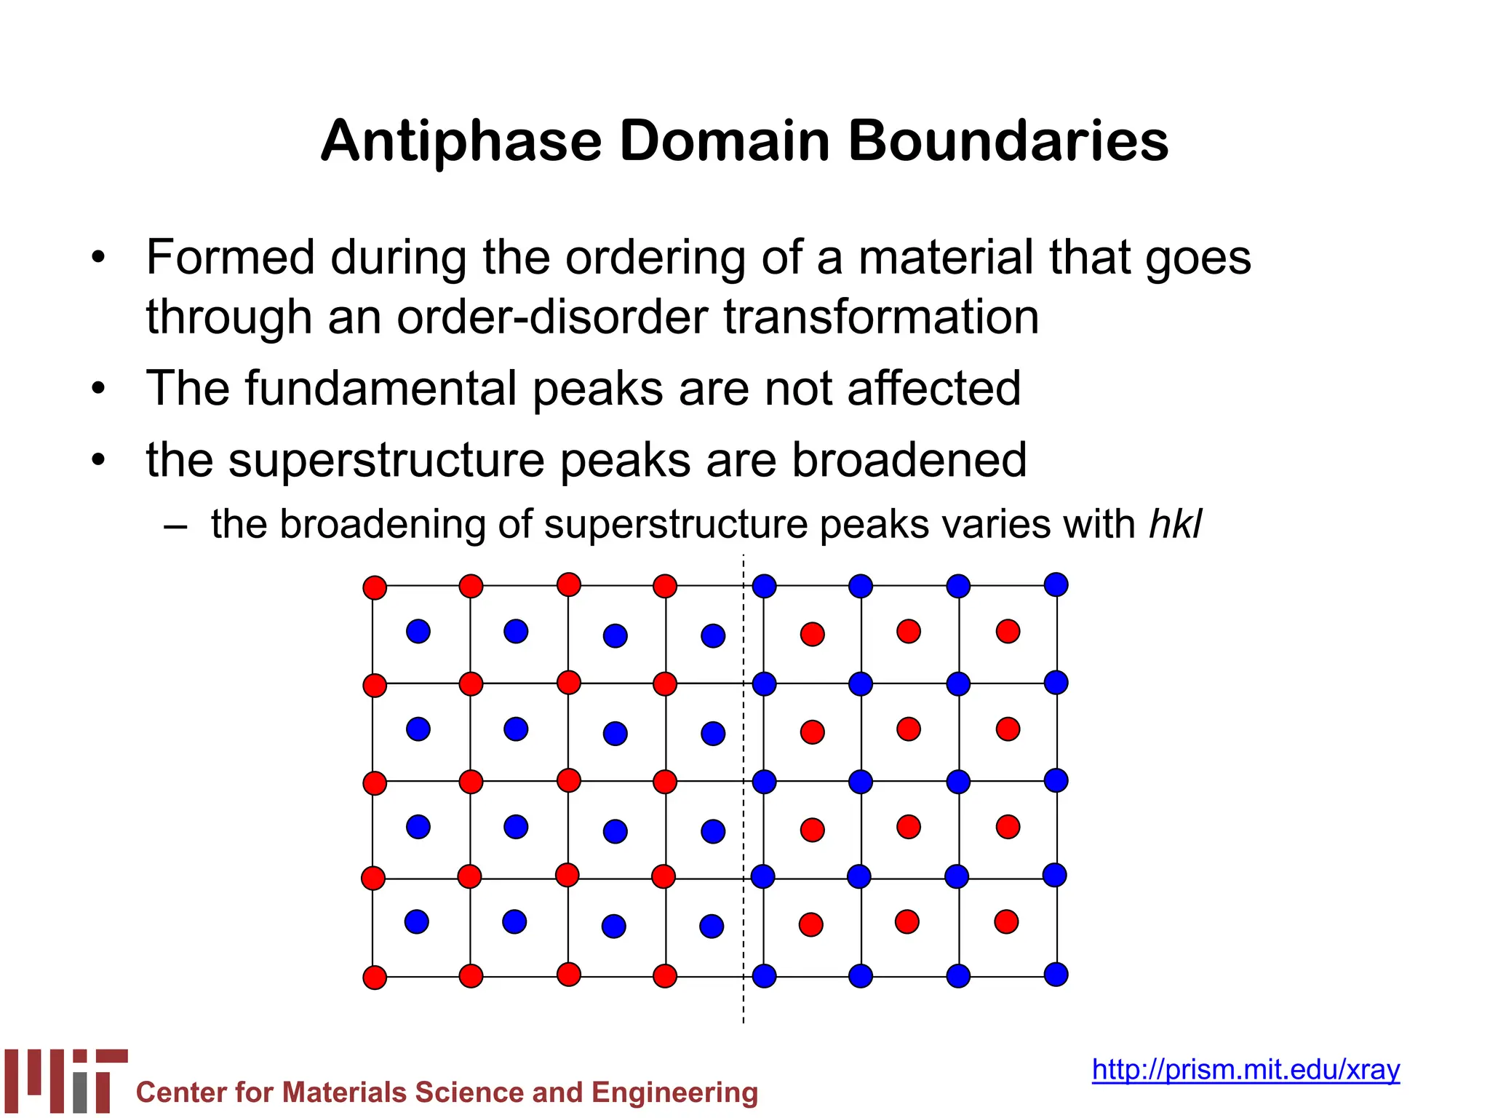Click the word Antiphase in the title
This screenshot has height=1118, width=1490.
coord(461,141)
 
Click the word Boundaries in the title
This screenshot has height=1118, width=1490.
coord(1008,141)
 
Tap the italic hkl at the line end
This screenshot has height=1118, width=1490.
coord(1175,524)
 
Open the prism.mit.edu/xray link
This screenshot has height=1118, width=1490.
coord(1246,1069)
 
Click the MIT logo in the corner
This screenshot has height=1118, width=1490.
coord(65,1080)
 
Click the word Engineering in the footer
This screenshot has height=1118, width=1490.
coord(674,1093)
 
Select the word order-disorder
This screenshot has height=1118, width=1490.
coord(552,317)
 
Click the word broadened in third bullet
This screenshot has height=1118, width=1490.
coord(909,460)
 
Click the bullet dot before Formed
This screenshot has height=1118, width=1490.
coord(99,258)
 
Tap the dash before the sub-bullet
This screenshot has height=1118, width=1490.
coord(175,526)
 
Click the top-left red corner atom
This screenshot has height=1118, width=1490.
coord(375,587)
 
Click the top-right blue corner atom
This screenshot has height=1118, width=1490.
coord(1056,584)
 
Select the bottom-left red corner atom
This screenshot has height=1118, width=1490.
coord(375,978)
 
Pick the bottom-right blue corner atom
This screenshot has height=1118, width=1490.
coord(1056,974)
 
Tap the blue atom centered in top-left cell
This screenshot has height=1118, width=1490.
coord(418,631)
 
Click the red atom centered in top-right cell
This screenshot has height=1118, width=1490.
coord(1008,631)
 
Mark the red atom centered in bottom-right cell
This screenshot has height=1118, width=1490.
coord(1006,922)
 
